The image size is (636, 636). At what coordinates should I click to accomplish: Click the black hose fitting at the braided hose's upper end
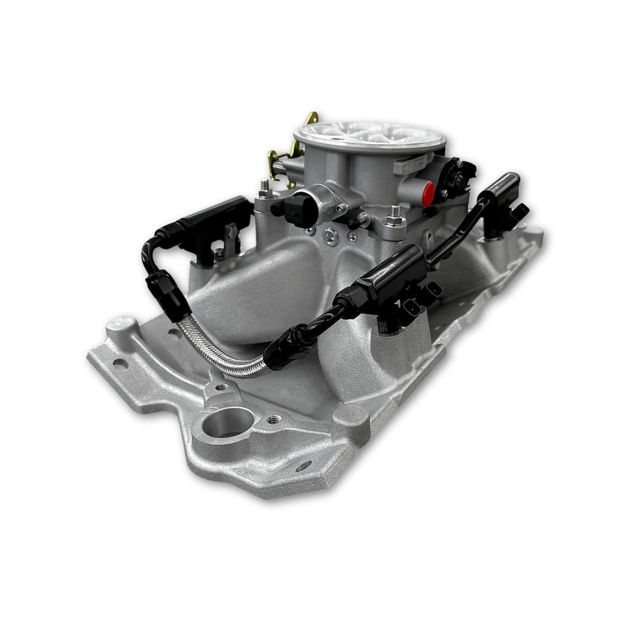pyautogui.click(x=158, y=289)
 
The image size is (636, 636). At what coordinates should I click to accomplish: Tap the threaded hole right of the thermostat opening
pyautogui.click(x=273, y=420)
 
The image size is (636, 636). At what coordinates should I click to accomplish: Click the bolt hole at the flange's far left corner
pyautogui.click(x=119, y=363)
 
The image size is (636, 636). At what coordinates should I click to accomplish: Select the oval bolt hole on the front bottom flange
pyautogui.click(x=303, y=466)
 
